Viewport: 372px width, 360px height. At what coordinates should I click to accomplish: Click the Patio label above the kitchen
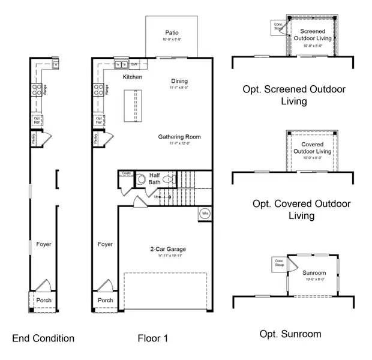pos(172,32)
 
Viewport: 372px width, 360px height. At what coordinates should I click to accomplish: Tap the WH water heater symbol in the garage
pos(204,214)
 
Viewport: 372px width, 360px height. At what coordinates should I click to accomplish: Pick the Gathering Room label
pos(179,137)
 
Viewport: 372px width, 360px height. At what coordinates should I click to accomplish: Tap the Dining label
pos(179,82)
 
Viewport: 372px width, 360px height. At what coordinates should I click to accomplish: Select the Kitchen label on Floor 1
pos(133,77)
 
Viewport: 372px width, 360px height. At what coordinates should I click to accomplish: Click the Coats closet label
pos(126,173)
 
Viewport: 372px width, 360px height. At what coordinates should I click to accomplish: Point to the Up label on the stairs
pos(157,197)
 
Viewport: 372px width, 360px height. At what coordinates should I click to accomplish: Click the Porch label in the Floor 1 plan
pos(105,300)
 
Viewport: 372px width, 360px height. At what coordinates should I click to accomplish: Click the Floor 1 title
pos(152,338)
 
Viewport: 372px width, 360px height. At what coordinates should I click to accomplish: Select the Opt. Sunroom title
pos(290,334)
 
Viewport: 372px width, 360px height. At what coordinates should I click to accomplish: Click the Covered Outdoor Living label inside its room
pos(311,148)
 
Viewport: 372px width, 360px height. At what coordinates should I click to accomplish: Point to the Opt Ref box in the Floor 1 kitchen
pos(98,120)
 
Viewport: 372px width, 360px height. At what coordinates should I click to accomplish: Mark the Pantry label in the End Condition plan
pos(34,139)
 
